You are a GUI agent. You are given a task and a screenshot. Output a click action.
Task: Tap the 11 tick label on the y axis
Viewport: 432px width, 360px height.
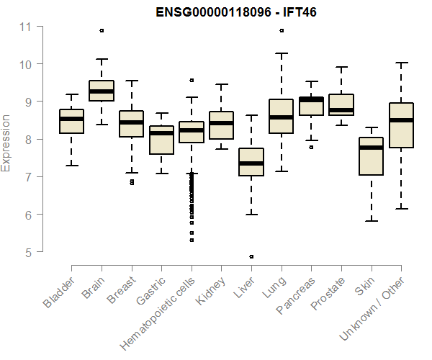26,27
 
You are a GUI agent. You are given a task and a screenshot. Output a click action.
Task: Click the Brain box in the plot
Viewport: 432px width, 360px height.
102,91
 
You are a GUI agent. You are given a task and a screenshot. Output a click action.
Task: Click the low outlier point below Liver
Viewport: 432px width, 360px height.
251,256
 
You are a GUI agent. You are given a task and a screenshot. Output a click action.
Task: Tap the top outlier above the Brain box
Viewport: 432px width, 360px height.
102,30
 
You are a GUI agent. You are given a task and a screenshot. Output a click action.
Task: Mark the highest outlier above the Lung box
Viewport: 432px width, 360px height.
281,30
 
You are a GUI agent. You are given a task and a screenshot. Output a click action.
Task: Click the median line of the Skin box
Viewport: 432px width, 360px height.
371,148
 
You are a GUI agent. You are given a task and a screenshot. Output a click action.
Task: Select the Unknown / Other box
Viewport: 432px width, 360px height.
401,125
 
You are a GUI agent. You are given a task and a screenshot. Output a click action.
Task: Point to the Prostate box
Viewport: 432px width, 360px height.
341,104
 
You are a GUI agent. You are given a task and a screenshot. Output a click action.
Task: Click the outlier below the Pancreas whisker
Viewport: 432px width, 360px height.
311,147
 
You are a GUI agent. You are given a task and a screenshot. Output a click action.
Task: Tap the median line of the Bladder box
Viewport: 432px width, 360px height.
71,119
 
